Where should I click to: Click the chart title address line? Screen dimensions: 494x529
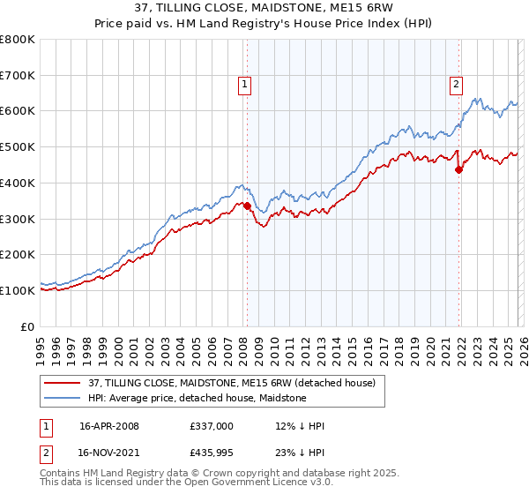pos(264,9)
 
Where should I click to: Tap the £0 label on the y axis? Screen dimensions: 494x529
pos(29,326)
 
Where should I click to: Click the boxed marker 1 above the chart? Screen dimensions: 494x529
pos(243,85)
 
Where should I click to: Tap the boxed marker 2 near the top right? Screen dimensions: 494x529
pos(456,85)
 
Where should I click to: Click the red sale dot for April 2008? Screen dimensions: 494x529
pos(247,206)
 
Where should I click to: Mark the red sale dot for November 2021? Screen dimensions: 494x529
pos(458,170)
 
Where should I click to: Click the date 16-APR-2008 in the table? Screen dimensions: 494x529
pos(109,426)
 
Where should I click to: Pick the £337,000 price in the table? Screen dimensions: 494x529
pos(212,426)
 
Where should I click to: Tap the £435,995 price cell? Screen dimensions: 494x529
pos(212,454)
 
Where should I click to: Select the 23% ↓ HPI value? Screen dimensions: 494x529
pos(301,454)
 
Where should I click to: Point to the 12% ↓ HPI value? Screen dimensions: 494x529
pos(301,426)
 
